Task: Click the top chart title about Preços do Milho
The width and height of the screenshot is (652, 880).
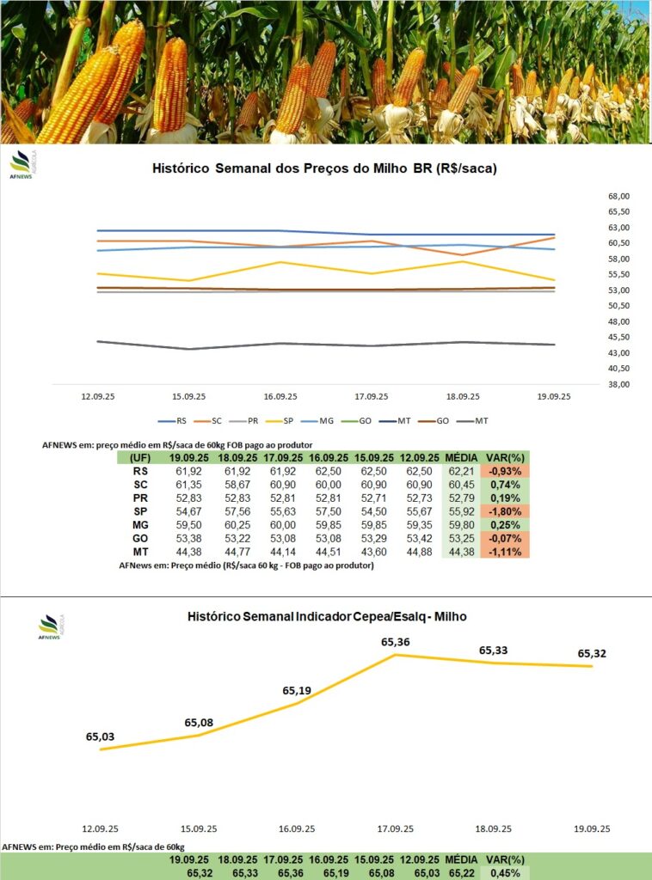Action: [x=324, y=169]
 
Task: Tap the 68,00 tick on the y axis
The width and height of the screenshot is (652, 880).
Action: [x=618, y=196]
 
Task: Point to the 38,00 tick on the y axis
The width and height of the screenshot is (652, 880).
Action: [x=618, y=384]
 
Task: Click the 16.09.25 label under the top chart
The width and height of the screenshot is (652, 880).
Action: [x=280, y=396]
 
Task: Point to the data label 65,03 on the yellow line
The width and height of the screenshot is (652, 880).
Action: [x=101, y=736]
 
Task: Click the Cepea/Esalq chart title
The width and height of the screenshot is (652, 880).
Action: [x=327, y=617]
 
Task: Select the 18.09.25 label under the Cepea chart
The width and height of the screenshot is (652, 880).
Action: [x=494, y=828]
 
